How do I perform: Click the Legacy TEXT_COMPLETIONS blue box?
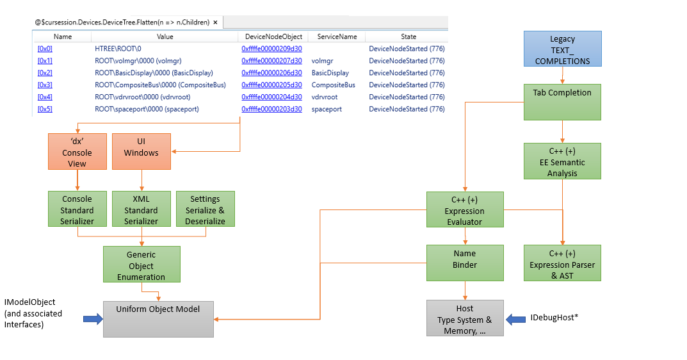[x=562, y=49]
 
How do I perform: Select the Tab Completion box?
[x=562, y=101]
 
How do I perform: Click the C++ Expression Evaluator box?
[x=465, y=209]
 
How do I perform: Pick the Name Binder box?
[x=465, y=262]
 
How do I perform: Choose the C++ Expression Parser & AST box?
[x=562, y=262]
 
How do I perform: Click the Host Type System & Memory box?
[x=465, y=318]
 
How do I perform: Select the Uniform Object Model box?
[x=158, y=318]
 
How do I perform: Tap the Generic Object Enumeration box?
[x=141, y=265]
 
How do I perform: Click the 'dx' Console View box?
[x=77, y=151]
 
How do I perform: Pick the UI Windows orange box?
[x=141, y=151]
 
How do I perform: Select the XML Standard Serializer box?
[x=141, y=209]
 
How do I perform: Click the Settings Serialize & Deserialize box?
[x=205, y=209]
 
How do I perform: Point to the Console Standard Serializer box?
[x=77, y=209]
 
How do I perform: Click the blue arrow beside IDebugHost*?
[x=515, y=318]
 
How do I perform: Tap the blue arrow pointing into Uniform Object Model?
[x=93, y=318]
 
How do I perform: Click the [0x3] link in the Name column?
[x=45, y=85]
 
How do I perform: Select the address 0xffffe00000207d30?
[x=271, y=61]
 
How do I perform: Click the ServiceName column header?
[x=337, y=37]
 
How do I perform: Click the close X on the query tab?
[x=216, y=22]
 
